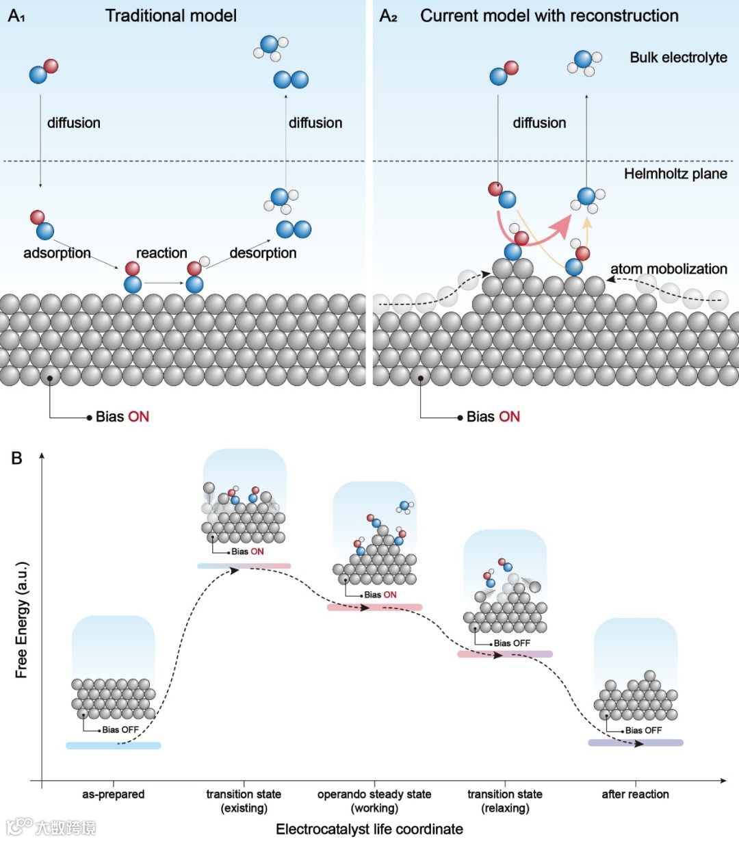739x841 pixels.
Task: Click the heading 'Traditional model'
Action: (171, 16)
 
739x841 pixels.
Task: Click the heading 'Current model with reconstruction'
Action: (549, 16)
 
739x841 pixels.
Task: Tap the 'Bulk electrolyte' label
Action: (678, 57)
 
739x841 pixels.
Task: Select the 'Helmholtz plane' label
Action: (675, 174)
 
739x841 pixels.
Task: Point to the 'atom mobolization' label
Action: (669, 269)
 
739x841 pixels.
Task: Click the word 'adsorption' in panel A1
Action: (57, 253)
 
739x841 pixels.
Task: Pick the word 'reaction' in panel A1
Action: (161, 253)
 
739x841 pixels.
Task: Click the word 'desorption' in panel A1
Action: (263, 253)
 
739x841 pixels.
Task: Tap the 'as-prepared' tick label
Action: (114, 794)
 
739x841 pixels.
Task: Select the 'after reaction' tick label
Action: (635, 794)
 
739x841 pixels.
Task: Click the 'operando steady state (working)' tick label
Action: (374, 801)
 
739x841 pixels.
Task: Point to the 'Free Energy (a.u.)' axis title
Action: (22, 620)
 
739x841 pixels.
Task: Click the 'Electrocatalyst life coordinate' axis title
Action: (369, 829)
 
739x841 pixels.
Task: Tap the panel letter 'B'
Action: (17, 458)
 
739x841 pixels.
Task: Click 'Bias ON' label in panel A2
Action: (493, 417)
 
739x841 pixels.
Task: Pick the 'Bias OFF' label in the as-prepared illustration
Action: (120, 730)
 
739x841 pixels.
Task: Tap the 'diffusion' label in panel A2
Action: (539, 123)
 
